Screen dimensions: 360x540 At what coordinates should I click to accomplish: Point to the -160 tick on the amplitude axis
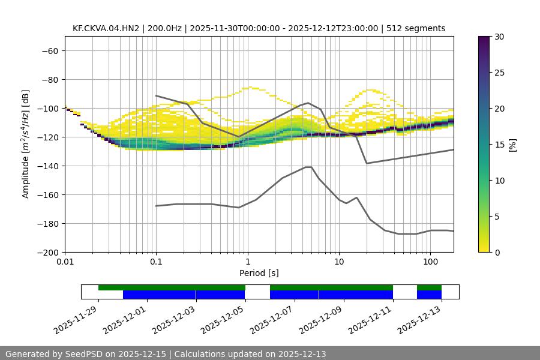coord(47,195)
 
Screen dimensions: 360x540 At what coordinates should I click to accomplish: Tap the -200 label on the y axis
coord(47,253)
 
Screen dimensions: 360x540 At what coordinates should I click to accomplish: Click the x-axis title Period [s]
coord(259,273)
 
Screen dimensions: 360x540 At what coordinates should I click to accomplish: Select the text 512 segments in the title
coord(416,28)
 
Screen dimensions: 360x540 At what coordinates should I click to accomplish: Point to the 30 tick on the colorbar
coord(499,37)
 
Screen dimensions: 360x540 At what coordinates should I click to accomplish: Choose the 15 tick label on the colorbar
coord(499,145)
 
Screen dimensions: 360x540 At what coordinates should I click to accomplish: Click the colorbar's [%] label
coord(512,145)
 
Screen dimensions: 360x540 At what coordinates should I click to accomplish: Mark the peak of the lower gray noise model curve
coord(308,167)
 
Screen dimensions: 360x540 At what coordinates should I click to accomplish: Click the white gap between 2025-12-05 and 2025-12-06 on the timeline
coord(257,292)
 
